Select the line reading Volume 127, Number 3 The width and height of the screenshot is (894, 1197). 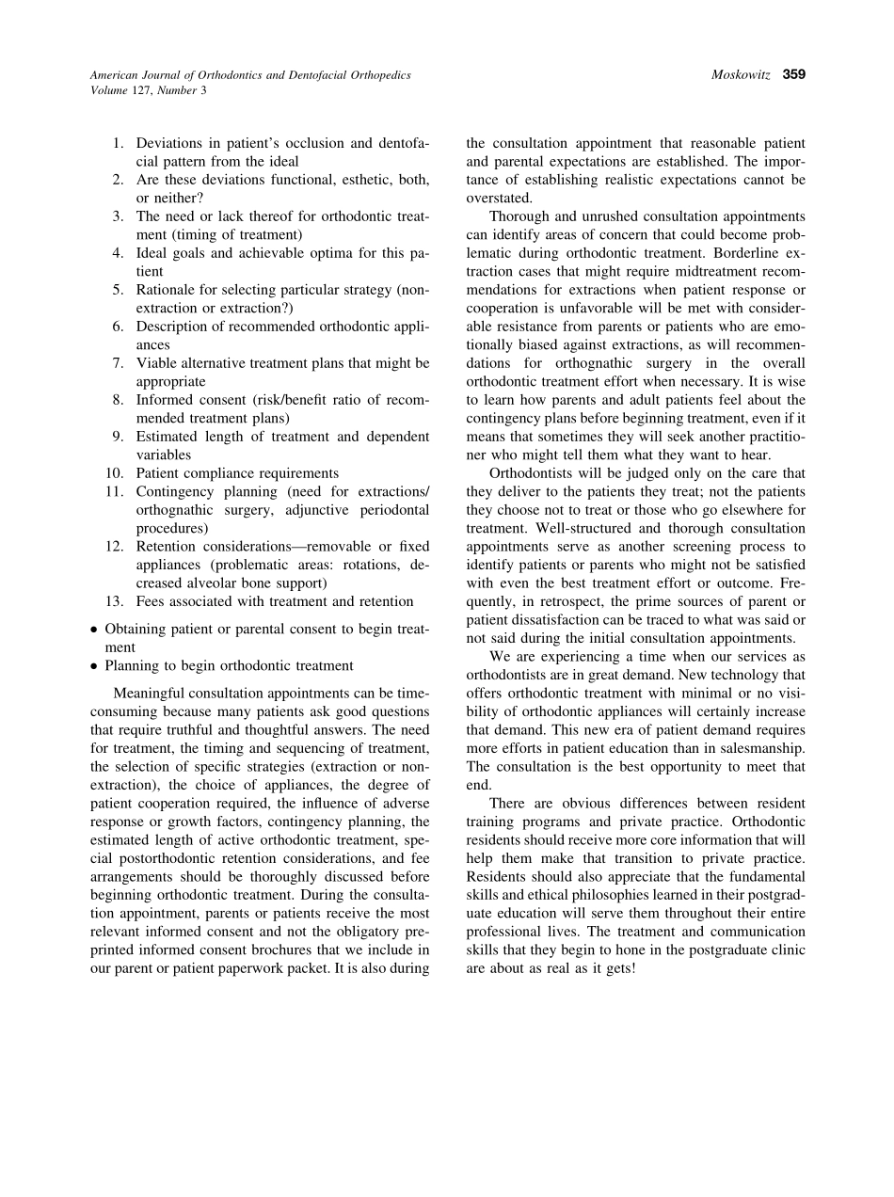coord(149,90)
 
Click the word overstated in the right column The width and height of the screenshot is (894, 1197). coord(499,199)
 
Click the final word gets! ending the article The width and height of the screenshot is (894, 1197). coord(617,967)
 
